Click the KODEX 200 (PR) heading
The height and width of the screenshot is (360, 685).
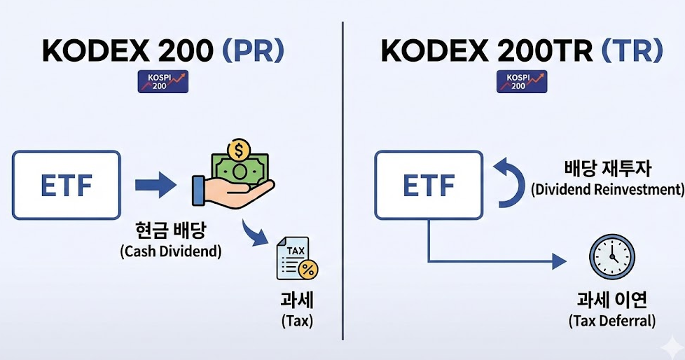[x=163, y=51]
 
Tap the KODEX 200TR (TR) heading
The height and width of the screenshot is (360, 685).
[x=521, y=51]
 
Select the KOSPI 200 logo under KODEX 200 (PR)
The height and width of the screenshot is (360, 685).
[x=163, y=82]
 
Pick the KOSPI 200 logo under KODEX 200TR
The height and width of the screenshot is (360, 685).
[x=522, y=82]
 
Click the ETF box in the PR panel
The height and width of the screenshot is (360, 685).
[x=66, y=185]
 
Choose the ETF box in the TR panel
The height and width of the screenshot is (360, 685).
[x=428, y=185]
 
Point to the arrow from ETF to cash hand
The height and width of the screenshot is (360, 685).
[x=155, y=186]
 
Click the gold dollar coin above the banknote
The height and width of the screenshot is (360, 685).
[x=240, y=150]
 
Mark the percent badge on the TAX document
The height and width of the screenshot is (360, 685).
[x=307, y=270]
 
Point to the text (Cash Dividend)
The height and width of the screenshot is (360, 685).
[x=170, y=250]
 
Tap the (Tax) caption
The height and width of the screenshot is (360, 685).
[x=297, y=321]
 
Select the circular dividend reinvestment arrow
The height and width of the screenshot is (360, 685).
[x=509, y=181]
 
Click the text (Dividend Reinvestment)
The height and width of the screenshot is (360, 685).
[x=607, y=189]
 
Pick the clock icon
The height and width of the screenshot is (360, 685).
[x=611, y=254]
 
